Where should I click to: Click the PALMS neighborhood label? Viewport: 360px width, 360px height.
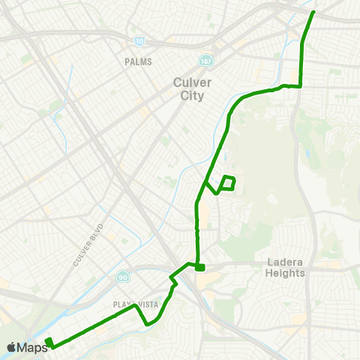[139, 62]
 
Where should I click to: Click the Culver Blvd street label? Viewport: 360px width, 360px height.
[88, 244]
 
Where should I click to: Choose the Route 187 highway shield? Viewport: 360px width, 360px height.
[205, 60]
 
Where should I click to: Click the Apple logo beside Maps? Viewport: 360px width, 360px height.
[12, 347]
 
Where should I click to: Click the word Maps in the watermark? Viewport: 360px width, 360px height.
[33, 347]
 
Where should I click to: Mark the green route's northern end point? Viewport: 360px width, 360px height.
[313, 12]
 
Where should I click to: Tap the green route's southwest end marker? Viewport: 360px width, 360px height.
[49, 343]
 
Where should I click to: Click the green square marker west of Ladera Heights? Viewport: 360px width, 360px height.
[199, 267]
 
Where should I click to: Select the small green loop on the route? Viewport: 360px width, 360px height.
[229, 181]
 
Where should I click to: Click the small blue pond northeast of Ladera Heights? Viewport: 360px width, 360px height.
[307, 156]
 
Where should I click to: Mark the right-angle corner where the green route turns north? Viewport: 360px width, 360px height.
[301, 86]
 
